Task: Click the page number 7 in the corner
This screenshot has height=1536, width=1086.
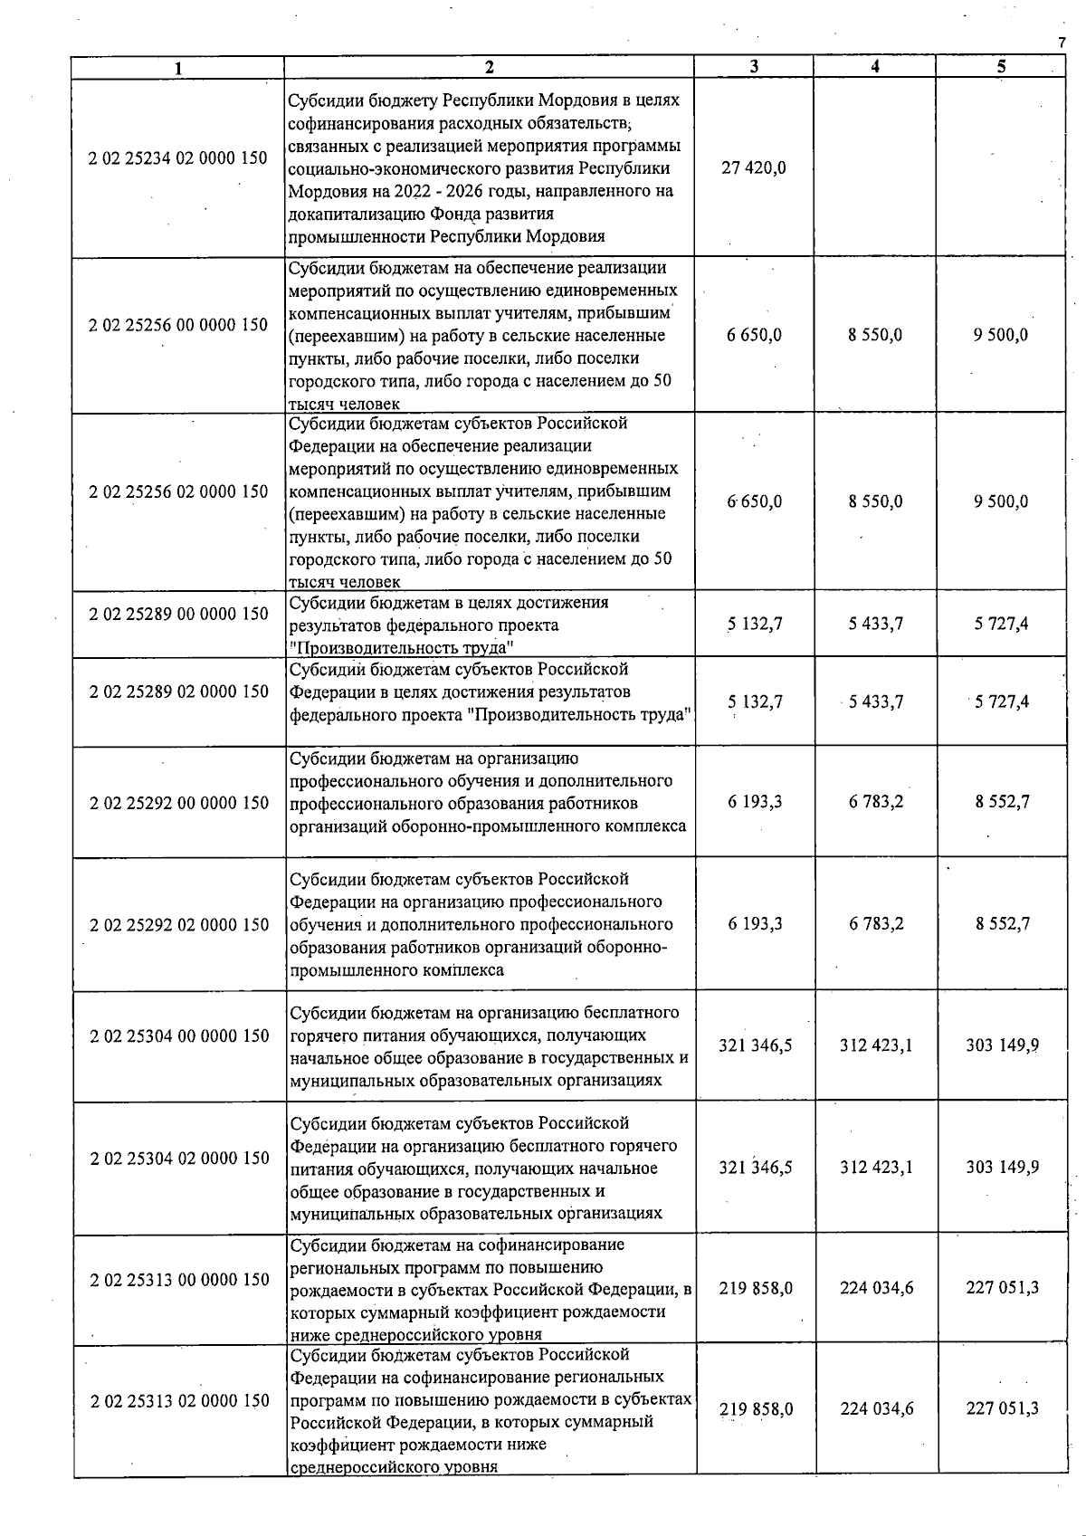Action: [1062, 43]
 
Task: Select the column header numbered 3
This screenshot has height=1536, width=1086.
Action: [754, 66]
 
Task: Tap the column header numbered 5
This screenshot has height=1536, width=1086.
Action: [1001, 66]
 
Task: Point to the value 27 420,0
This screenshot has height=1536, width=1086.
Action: [754, 167]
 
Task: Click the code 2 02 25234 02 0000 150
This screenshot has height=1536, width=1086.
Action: [178, 158]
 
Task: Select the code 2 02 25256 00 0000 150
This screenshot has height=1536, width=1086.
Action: [178, 325]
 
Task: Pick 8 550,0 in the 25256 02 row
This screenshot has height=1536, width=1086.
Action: [875, 501]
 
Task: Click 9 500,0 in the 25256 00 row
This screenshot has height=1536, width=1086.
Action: [1001, 335]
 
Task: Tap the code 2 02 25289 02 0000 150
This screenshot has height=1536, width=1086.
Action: [179, 692]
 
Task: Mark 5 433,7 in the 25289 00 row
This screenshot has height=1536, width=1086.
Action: [875, 624]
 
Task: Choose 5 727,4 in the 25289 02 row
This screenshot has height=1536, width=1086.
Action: [1001, 701]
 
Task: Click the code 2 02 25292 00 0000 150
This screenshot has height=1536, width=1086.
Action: [179, 803]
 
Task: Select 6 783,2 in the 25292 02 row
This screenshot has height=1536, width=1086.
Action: [875, 924]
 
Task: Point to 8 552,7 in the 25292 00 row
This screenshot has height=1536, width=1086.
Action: [1002, 802]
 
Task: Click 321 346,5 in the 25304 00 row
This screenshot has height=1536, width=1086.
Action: [755, 1045]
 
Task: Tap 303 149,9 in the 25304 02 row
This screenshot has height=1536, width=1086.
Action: [1002, 1167]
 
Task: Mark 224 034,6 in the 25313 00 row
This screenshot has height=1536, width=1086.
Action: [876, 1288]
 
